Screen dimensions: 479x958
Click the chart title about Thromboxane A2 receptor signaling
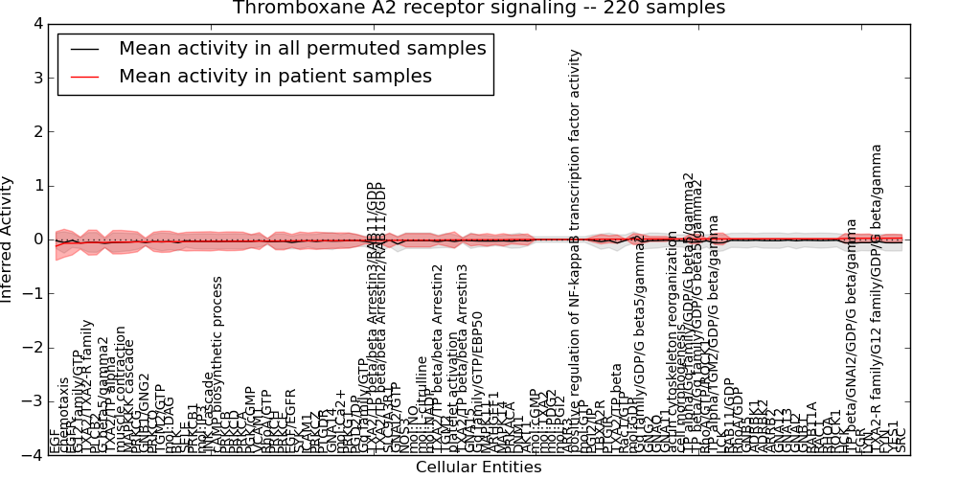479,9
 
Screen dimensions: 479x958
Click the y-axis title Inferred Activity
8,239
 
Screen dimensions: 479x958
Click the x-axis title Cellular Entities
478,468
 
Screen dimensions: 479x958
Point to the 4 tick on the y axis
37,23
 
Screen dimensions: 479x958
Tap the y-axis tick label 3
37,78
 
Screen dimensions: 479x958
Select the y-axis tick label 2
37,131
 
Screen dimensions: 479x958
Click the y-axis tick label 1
37,186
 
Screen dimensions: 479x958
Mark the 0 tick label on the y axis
37,239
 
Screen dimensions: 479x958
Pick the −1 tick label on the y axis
34,294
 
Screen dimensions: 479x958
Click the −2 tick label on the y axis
34,348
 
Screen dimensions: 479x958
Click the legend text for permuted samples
303,48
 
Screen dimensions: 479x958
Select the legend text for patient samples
275,76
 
